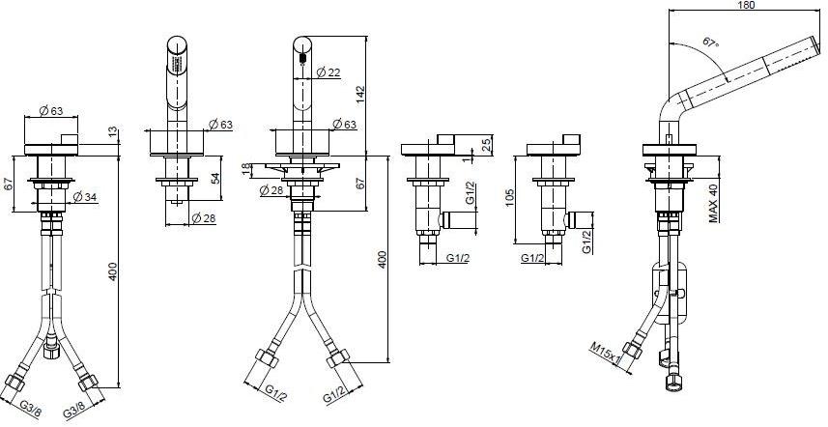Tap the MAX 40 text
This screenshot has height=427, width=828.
713,203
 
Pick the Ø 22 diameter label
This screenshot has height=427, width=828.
328,73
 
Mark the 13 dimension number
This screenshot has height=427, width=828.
113,131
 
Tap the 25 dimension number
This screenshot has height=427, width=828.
484,145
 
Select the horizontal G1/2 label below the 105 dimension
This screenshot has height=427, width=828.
534,259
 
